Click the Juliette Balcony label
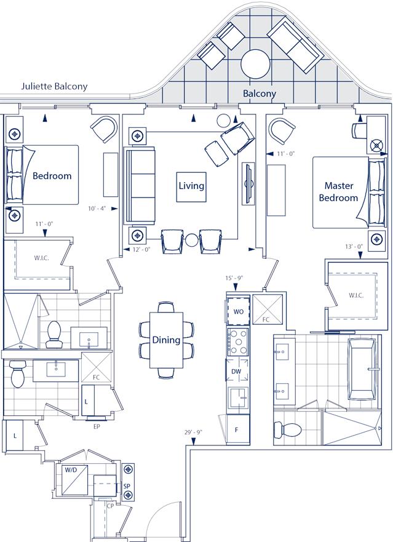click(x=54, y=87)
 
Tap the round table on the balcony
click(x=255, y=62)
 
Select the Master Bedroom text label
click(x=341, y=191)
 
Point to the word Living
click(x=191, y=185)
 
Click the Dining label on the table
click(x=166, y=340)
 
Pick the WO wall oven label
click(x=238, y=311)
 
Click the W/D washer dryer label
click(x=71, y=471)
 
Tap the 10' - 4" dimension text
click(x=97, y=209)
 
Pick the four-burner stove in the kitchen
click(x=237, y=343)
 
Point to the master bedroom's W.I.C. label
click(x=355, y=295)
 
